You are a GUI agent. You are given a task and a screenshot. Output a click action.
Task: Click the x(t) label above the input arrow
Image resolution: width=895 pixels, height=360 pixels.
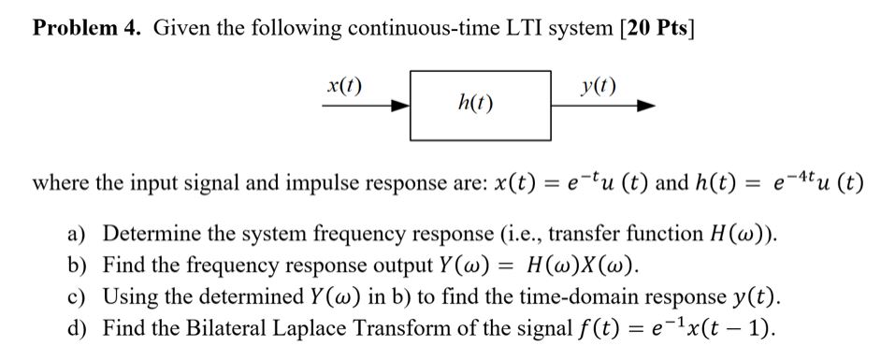point(345,88)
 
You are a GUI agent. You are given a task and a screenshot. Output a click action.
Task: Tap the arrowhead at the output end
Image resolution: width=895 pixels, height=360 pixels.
point(642,107)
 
